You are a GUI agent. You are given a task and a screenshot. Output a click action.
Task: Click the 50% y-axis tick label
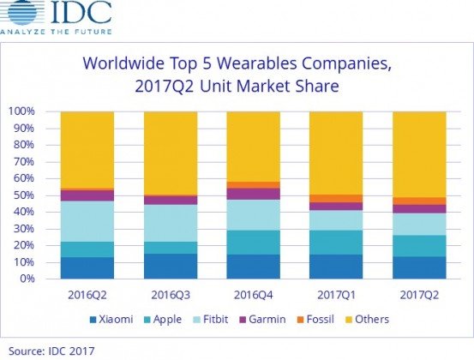(23, 195)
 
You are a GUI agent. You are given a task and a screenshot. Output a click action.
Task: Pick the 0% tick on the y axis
(27, 279)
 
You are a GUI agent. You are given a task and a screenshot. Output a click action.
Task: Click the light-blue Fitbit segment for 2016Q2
(88, 221)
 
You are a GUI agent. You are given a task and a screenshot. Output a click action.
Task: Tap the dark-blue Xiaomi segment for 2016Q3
(171, 266)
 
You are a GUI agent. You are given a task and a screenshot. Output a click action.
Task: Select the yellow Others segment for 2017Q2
(419, 154)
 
